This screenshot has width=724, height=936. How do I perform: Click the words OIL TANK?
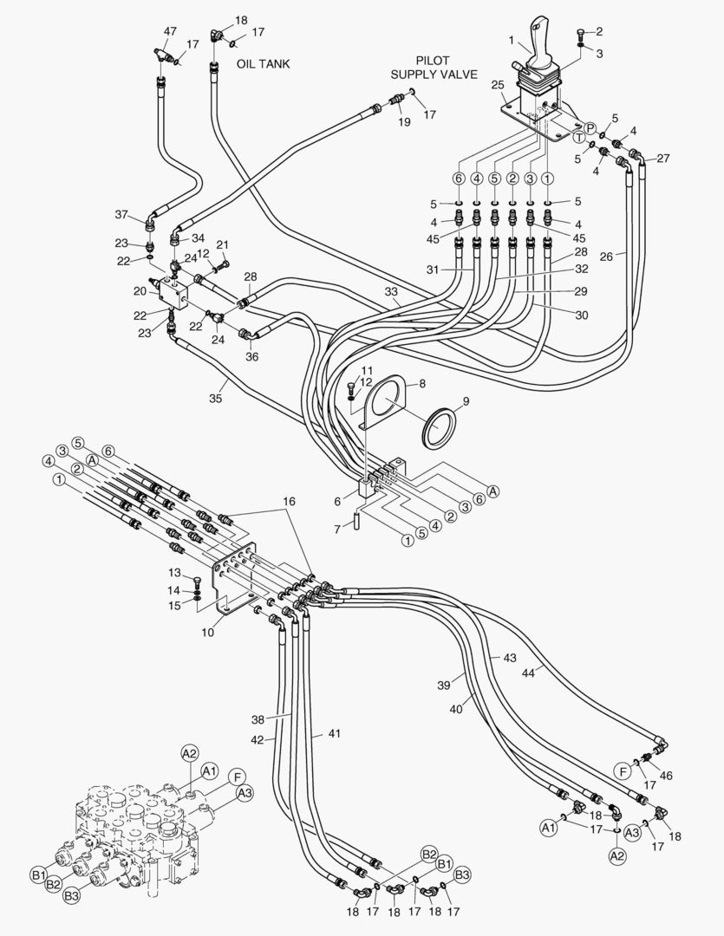tap(264, 64)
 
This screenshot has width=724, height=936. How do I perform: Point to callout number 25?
tap(497, 85)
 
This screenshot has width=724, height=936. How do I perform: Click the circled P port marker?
tap(590, 128)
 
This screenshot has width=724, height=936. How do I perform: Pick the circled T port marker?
tap(578, 137)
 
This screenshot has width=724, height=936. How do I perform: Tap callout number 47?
tap(170, 31)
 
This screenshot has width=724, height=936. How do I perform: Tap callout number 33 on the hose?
tap(393, 293)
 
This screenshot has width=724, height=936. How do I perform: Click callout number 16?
tap(288, 502)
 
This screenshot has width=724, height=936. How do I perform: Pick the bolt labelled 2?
tap(580, 35)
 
